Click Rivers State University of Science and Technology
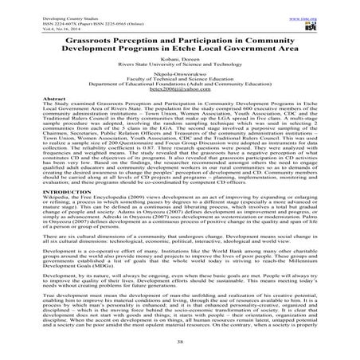[179, 65]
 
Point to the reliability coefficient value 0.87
[126, 147]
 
